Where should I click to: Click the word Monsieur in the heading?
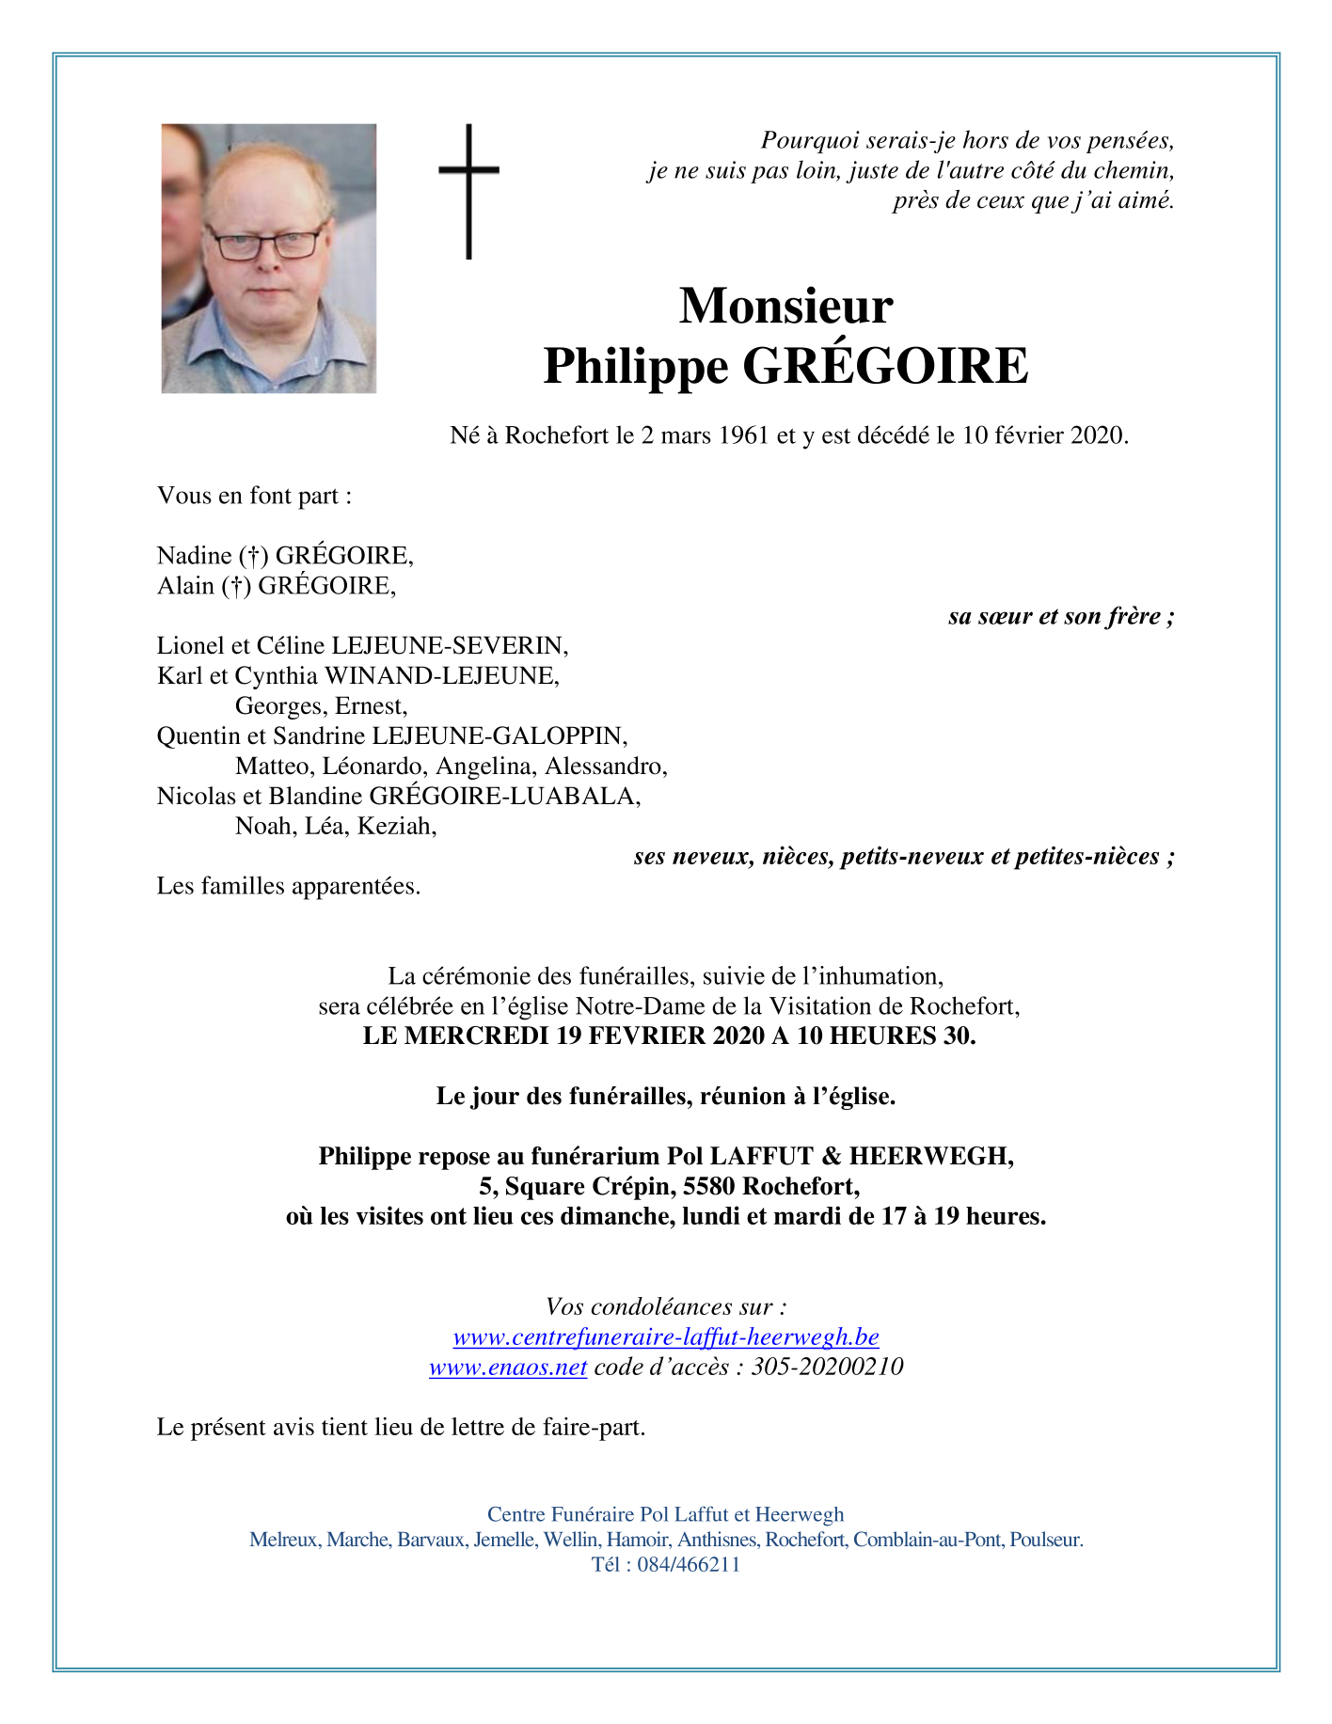click(785, 306)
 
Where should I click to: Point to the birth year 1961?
click(743, 435)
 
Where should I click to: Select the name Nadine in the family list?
click(194, 556)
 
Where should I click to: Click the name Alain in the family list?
click(185, 586)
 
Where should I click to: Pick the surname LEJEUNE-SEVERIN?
click(450, 646)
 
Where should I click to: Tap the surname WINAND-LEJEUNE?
click(440, 676)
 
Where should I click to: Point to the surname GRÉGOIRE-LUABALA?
click(504, 797)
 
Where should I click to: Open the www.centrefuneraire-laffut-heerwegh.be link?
click(666, 1337)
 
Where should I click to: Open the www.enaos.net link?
click(508, 1368)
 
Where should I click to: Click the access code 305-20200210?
click(827, 1368)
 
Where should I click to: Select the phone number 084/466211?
click(689, 1565)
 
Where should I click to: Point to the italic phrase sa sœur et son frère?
click(1060, 617)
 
